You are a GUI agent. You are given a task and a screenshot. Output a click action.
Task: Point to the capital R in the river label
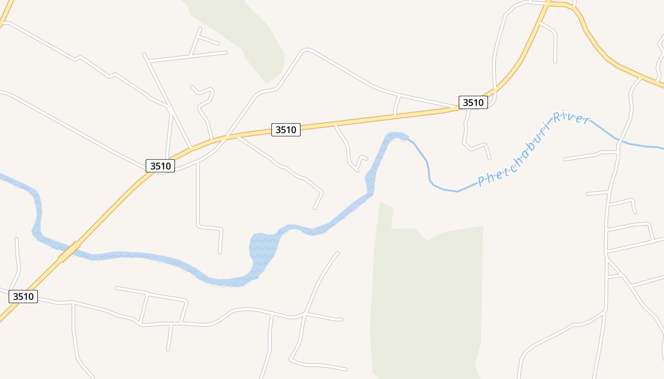coord(555,117)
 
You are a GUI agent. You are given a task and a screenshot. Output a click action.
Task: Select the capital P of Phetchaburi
coord(481,181)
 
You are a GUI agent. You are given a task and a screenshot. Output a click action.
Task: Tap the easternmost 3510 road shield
coord(473,102)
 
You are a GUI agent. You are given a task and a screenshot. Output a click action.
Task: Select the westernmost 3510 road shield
coord(23,297)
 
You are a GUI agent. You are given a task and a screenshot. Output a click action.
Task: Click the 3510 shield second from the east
coord(286,130)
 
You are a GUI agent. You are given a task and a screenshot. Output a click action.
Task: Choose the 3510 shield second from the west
coord(160,166)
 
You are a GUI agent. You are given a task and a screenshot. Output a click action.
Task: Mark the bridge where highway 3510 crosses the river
coord(69,252)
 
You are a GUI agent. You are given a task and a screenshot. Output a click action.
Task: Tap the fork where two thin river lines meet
coord(618,140)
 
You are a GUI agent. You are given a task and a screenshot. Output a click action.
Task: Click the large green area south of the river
coord(427,294)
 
